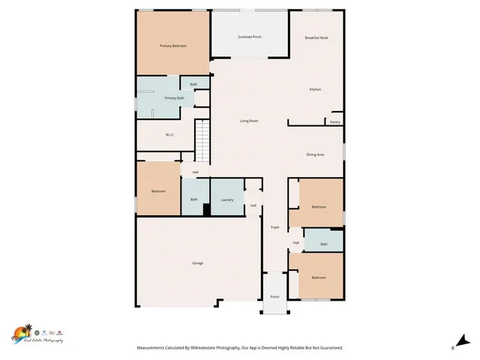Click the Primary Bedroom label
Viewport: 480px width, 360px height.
tap(172, 46)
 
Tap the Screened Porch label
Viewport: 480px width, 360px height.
tap(250, 37)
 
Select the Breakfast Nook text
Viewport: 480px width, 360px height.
tap(317, 37)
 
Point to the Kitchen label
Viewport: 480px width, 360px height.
tap(316, 90)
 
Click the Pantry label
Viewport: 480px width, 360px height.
tap(334, 121)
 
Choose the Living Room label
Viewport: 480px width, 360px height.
tap(249, 121)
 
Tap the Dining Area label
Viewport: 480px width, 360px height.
tap(315, 154)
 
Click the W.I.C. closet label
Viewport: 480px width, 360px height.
tap(170, 135)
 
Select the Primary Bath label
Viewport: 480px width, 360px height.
tap(174, 98)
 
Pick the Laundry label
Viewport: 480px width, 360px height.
tap(227, 199)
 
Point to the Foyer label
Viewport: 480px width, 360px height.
tap(274, 226)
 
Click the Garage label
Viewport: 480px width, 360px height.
tap(197, 263)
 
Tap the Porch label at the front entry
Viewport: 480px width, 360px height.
tap(274, 297)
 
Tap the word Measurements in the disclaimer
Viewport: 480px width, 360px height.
tap(156, 348)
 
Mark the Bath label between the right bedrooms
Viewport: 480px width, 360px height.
tap(324, 244)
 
